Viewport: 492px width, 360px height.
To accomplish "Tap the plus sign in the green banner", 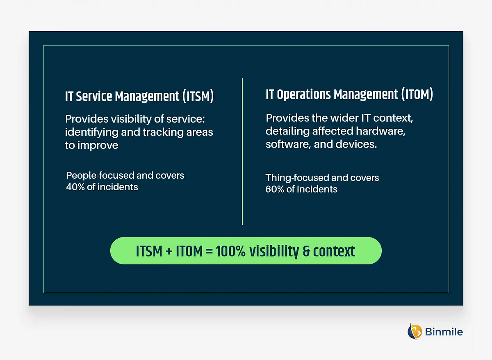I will pyautogui.click(x=169, y=251).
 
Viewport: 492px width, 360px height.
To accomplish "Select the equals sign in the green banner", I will pyautogui.click(x=209, y=251).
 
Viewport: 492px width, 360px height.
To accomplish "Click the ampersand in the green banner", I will pyautogui.click(x=306, y=251).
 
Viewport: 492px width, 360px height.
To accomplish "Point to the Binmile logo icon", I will pyautogui.click(x=415, y=331).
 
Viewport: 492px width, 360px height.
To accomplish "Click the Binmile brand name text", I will pyautogui.click(x=444, y=331).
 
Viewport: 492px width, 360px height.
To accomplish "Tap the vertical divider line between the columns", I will pyautogui.click(x=242, y=152).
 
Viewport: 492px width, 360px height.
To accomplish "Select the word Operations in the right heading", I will pyautogui.click(x=304, y=95).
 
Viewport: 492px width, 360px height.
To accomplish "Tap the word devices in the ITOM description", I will pyautogui.click(x=359, y=144).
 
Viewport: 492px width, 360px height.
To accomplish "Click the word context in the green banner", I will pyautogui.click(x=334, y=251).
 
